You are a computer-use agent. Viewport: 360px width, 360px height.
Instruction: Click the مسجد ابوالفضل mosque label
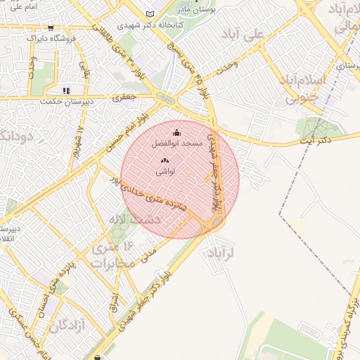[x=176, y=143]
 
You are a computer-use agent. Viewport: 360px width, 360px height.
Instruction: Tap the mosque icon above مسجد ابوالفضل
[x=176, y=132]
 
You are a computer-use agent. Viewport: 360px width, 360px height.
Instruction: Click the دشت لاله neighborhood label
[x=139, y=219]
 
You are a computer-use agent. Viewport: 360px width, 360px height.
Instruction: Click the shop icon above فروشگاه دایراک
[x=51, y=28]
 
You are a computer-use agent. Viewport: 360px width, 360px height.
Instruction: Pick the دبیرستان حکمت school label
[x=66, y=101]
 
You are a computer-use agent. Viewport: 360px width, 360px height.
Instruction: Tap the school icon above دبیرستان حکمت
[x=66, y=91]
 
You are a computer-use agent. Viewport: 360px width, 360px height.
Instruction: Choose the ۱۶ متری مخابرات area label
[x=110, y=256]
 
